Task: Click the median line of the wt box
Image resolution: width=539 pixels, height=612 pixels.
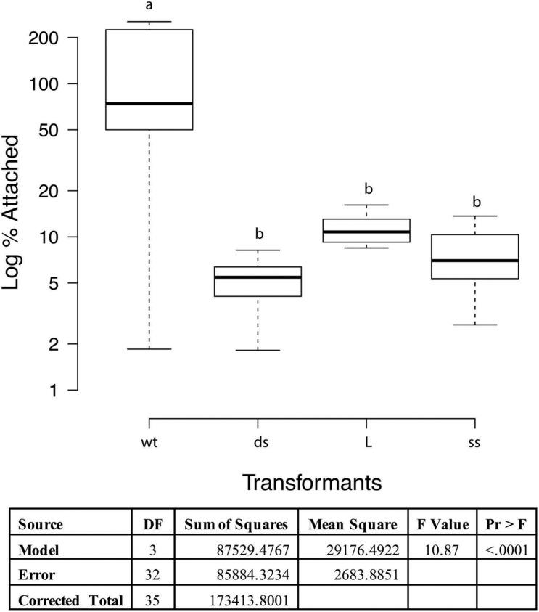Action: coord(149,104)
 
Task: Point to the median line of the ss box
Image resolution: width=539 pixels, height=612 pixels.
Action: coord(475,260)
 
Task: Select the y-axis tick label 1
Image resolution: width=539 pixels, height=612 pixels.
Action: coord(63,390)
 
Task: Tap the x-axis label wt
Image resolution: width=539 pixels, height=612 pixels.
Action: coord(149,442)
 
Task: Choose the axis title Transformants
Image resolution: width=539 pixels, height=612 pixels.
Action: coord(312,482)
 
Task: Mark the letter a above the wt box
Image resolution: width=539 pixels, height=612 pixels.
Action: coord(149,7)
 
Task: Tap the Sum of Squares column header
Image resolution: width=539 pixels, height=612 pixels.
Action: coord(236,524)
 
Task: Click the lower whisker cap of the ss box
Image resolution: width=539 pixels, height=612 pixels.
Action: coord(475,325)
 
